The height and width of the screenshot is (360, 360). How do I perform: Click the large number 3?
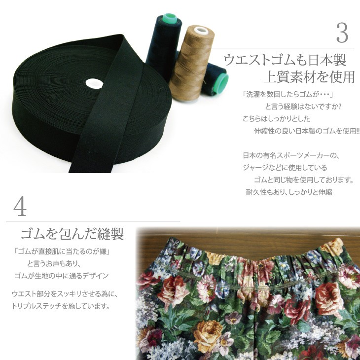pyautogui.click(x=342, y=33)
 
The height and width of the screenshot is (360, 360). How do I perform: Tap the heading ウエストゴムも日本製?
pyautogui.click(x=285, y=60)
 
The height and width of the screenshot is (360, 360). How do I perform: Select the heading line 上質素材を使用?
pyautogui.click(x=309, y=77)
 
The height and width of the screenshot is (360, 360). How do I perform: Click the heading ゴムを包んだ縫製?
pyautogui.click(x=72, y=234)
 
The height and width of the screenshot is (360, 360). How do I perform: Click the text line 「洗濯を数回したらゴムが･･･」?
pyautogui.click(x=288, y=94)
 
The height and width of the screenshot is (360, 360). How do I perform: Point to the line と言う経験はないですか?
pyautogui.click(x=302, y=107)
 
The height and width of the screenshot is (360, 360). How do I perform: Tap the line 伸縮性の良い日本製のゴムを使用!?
pyautogui.click(x=307, y=131)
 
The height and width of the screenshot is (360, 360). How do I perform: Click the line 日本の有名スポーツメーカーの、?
pyautogui.click(x=291, y=155)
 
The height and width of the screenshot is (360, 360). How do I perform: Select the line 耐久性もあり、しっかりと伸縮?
pyautogui.click(x=289, y=192)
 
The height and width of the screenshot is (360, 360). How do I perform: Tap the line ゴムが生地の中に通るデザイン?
pyautogui.click(x=61, y=276)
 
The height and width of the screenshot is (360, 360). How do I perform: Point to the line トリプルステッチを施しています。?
pyautogui.click(x=61, y=306)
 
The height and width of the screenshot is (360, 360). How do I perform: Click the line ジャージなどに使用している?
pyautogui.click(x=285, y=168)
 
